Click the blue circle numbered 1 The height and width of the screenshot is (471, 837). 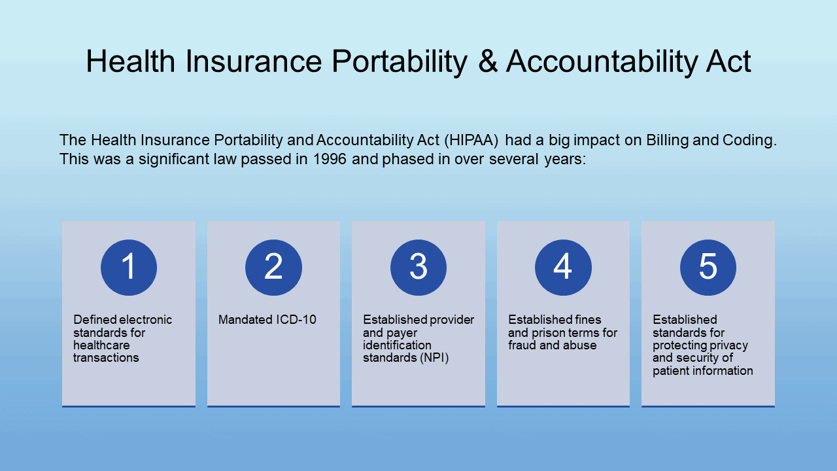129,268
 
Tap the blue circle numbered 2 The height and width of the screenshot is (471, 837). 273,268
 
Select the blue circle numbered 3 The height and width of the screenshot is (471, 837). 418,268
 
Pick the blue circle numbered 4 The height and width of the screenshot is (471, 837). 563,268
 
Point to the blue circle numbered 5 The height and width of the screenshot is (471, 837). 708,268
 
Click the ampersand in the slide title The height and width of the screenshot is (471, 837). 488,61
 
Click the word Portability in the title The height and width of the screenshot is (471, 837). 400,62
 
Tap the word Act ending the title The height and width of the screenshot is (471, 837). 728,61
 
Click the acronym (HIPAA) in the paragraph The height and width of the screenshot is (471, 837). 471,141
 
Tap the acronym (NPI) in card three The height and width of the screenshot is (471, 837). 434,358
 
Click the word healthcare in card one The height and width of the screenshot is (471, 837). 101,345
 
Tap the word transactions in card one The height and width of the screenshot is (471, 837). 106,358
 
